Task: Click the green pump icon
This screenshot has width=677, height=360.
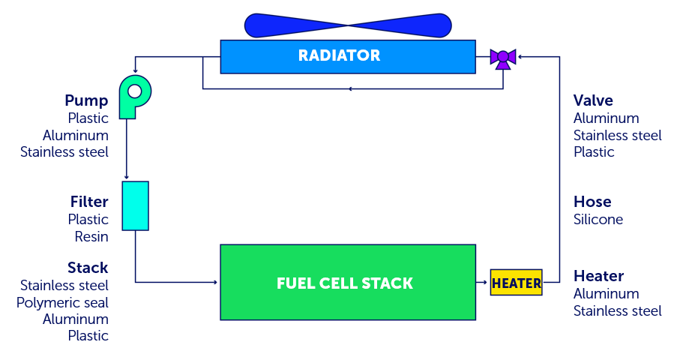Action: (x=133, y=95)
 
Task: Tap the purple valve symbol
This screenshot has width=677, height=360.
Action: (x=502, y=58)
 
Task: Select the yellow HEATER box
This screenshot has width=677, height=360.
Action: (x=516, y=283)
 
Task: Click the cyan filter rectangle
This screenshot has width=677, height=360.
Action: (x=135, y=205)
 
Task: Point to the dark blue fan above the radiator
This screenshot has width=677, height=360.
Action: (x=348, y=25)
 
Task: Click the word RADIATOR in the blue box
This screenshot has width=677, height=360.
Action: (x=339, y=55)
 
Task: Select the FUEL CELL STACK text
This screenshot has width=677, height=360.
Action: (x=345, y=283)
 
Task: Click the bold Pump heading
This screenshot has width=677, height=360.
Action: (x=86, y=100)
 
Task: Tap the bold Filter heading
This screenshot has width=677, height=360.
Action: (x=89, y=202)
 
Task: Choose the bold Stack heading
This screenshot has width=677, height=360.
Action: (x=88, y=268)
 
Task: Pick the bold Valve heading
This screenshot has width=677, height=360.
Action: (x=593, y=100)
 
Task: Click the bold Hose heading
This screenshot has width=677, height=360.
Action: (x=592, y=202)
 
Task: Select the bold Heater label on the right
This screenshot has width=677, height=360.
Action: (x=598, y=276)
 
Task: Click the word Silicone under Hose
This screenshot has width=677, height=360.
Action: (x=598, y=220)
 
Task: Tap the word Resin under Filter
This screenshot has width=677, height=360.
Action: (x=91, y=237)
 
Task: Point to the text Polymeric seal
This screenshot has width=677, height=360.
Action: (x=62, y=302)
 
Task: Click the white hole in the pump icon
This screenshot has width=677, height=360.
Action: (x=135, y=91)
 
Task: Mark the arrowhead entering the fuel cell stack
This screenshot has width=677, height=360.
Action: (x=215, y=283)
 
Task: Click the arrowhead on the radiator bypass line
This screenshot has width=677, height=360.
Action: (x=351, y=88)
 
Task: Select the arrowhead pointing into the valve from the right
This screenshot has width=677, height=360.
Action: (x=520, y=56)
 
